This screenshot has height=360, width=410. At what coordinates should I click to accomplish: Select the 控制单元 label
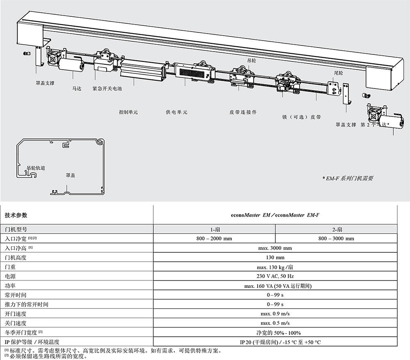pyautogui.click(x=128, y=112)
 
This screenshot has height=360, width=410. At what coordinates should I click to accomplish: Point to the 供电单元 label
pyautogui.click(x=176, y=112)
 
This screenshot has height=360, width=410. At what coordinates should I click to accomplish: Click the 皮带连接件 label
pyautogui.click(x=243, y=112)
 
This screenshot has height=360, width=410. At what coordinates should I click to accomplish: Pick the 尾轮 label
pyautogui.click(x=338, y=72)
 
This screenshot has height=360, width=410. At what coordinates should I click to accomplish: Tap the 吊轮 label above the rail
pyautogui.click(x=251, y=60)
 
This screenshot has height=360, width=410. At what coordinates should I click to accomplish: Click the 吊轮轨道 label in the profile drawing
pyautogui.click(x=36, y=168)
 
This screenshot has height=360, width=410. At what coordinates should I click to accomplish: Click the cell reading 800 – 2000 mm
pyautogui.click(x=214, y=238)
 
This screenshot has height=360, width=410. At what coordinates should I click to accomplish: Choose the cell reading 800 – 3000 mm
pyautogui.click(x=336, y=238)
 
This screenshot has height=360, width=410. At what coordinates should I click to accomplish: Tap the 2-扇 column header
pyautogui.click(x=336, y=229)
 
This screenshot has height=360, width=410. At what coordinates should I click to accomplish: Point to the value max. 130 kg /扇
pyautogui.click(x=275, y=267)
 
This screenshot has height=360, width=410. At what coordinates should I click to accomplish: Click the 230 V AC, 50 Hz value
pyautogui.click(x=275, y=276)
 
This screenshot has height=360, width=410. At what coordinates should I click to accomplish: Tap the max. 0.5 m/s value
pyautogui.click(x=275, y=323)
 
